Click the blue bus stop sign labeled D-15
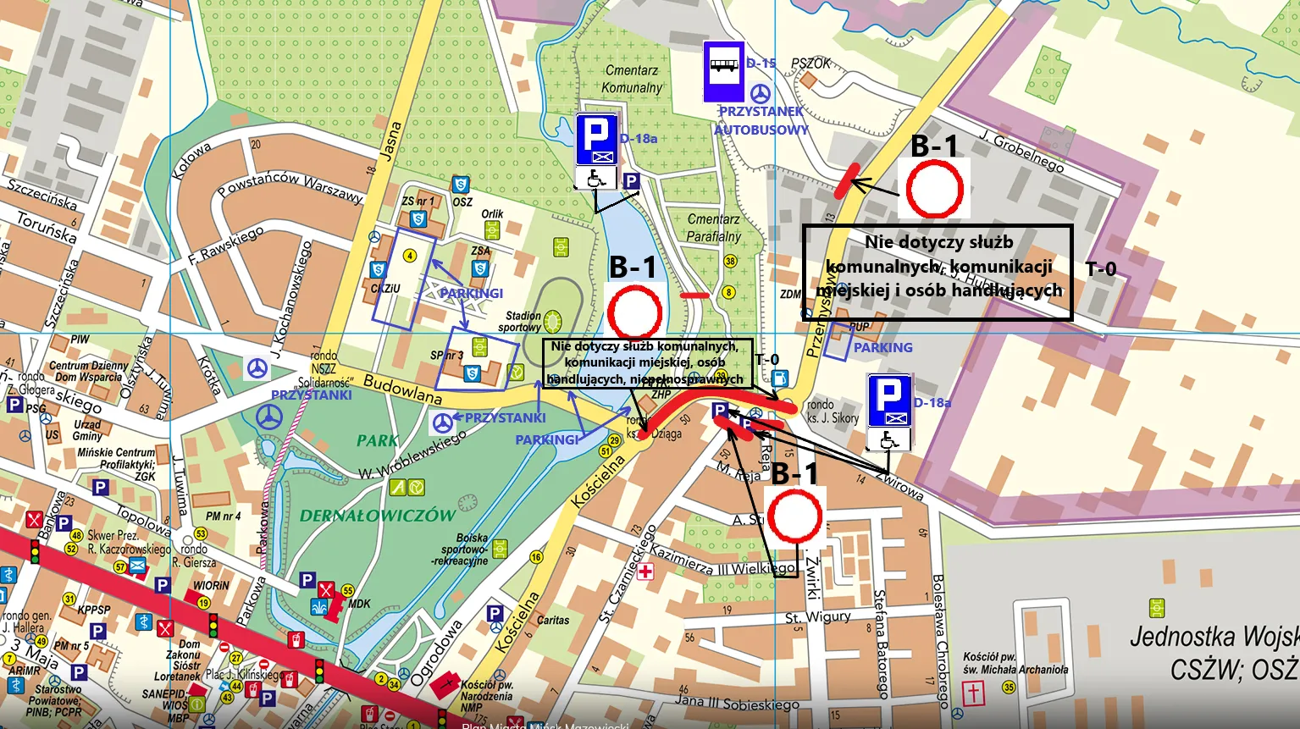[x=724, y=72]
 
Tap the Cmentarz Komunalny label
[x=632, y=79]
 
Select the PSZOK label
[x=810, y=64]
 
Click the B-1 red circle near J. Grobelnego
[x=934, y=189]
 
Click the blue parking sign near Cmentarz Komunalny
[x=596, y=141]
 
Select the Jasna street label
[x=390, y=141]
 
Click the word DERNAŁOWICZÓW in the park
[x=377, y=516]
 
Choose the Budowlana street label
[x=402, y=389]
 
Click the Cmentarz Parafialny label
[x=713, y=228]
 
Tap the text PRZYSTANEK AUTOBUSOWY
[x=761, y=120]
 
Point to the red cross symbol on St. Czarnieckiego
[x=645, y=572]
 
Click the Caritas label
[x=553, y=620]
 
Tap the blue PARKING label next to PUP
[x=882, y=347]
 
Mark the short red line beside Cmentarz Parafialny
[x=694, y=295]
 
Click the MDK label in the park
[x=359, y=604]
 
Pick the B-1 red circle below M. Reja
[x=794, y=516]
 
